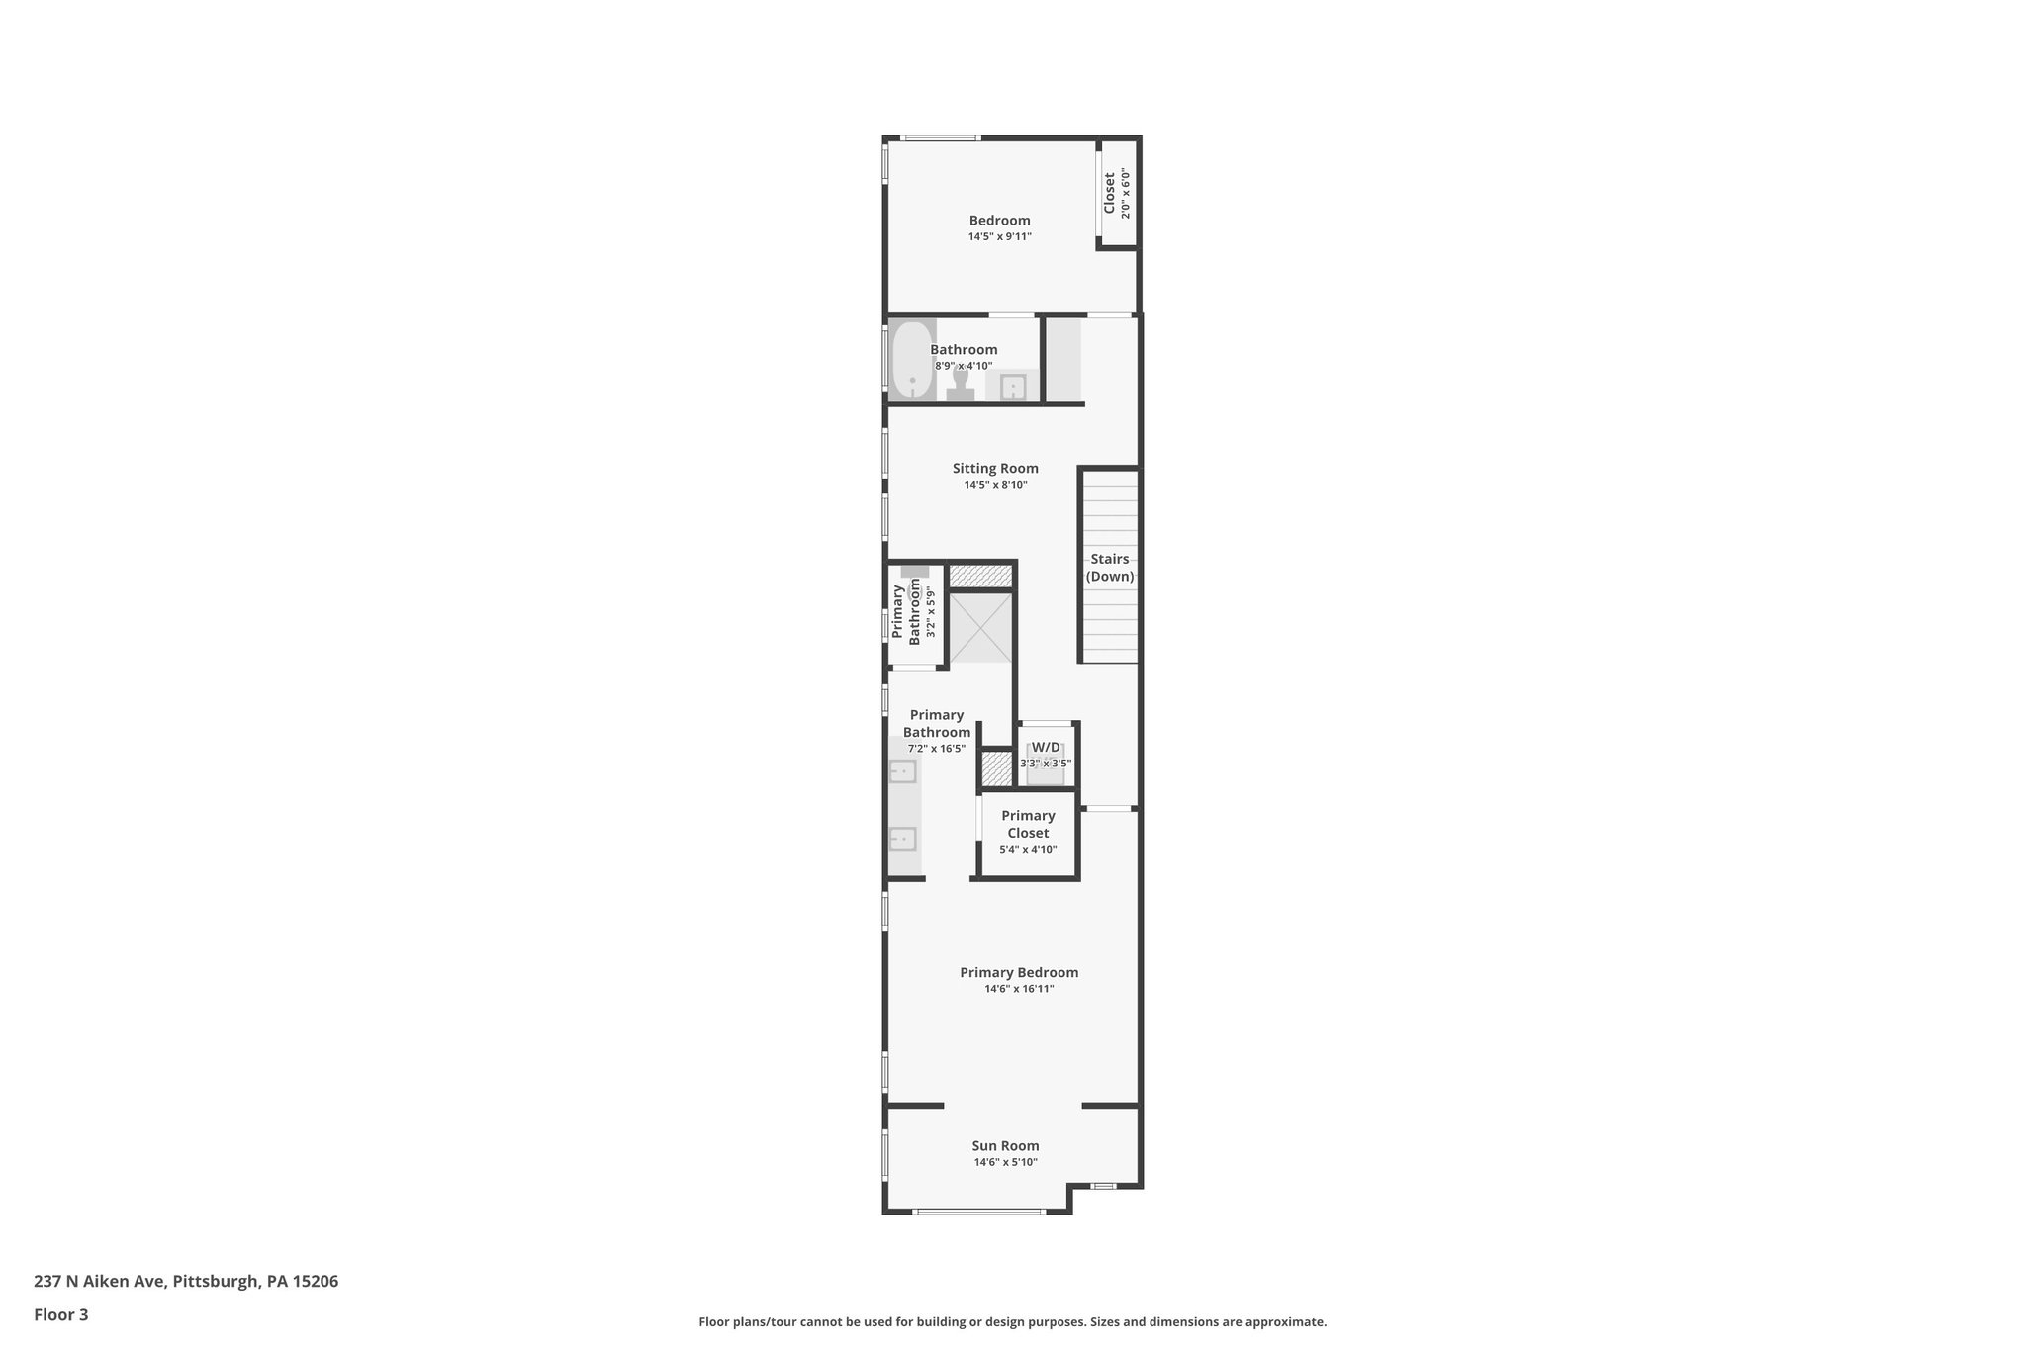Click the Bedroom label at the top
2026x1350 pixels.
[x=999, y=221]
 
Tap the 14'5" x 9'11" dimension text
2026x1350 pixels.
[x=999, y=237]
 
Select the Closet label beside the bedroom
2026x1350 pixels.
[x=1110, y=193]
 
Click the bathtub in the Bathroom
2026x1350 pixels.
[x=912, y=360]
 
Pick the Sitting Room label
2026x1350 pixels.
[x=995, y=469]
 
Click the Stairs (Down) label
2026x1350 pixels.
[x=1109, y=568]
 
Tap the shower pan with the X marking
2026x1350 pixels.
[x=980, y=628]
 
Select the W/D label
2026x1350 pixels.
[x=1046, y=747]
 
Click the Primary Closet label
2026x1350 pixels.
[x=1028, y=824]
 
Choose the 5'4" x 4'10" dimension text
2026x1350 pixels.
[x=1028, y=850]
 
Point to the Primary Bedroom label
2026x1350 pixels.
[x=1019, y=973]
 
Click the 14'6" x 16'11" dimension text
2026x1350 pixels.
[x=1019, y=989]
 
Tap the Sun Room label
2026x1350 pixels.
[x=1005, y=1146]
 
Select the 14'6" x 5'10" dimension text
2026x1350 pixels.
[x=1005, y=1163]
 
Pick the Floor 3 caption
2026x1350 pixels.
[x=61, y=1315]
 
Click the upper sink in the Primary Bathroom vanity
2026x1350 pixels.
[x=902, y=771]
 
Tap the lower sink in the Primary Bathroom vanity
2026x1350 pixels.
[x=902, y=840]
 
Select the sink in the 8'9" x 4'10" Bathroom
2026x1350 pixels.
[x=1012, y=387]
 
